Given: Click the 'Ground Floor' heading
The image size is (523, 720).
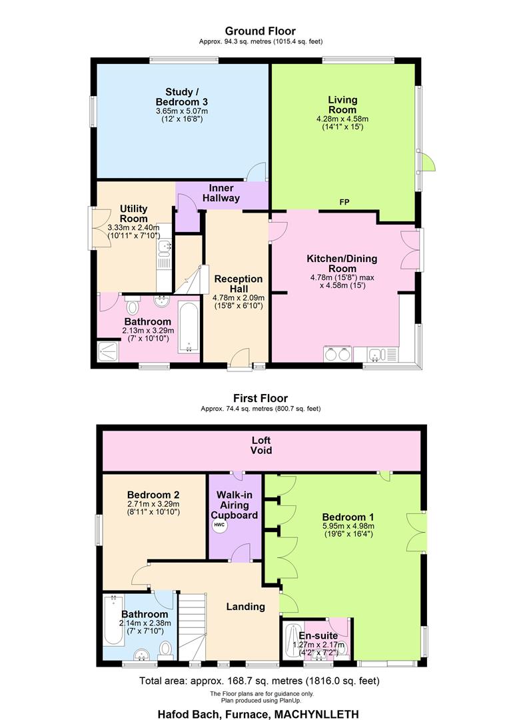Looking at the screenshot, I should coord(260,31).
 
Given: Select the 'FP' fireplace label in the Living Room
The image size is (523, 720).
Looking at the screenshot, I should coord(344,202).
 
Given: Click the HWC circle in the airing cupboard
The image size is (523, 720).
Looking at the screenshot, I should coord(219,525).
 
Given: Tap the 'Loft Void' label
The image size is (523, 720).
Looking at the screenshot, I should coord(261,445).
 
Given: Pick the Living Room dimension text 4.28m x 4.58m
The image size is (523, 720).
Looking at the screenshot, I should coord(342,119).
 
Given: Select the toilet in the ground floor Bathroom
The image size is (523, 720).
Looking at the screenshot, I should coord(133,306).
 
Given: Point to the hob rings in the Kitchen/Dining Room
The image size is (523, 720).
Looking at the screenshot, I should coord(336,353).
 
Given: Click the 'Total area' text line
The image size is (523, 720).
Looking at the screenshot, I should coord(260,681).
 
